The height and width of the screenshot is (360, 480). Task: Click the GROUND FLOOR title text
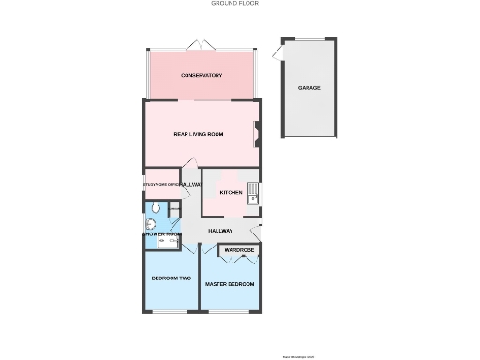click(x=235, y=4)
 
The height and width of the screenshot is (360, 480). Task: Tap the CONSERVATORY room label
click(x=202, y=74)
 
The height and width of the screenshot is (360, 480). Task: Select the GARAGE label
click(x=309, y=87)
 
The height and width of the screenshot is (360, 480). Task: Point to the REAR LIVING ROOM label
click(x=199, y=134)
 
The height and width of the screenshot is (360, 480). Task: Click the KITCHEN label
click(x=231, y=192)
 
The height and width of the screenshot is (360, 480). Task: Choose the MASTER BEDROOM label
click(x=230, y=283)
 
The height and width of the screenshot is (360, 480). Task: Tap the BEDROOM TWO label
click(x=172, y=278)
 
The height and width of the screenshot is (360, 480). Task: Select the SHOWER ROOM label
click(x=160, y=233)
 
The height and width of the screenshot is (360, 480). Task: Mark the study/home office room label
click(x=160, y=185)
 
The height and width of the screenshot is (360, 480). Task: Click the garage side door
click(x=278, y=57)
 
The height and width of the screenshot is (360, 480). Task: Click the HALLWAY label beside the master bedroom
click(x=220, y=231)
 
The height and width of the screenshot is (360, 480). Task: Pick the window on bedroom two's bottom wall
click(x=171, y=313)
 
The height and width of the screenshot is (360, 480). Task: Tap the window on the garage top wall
click(x=309, y=38)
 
